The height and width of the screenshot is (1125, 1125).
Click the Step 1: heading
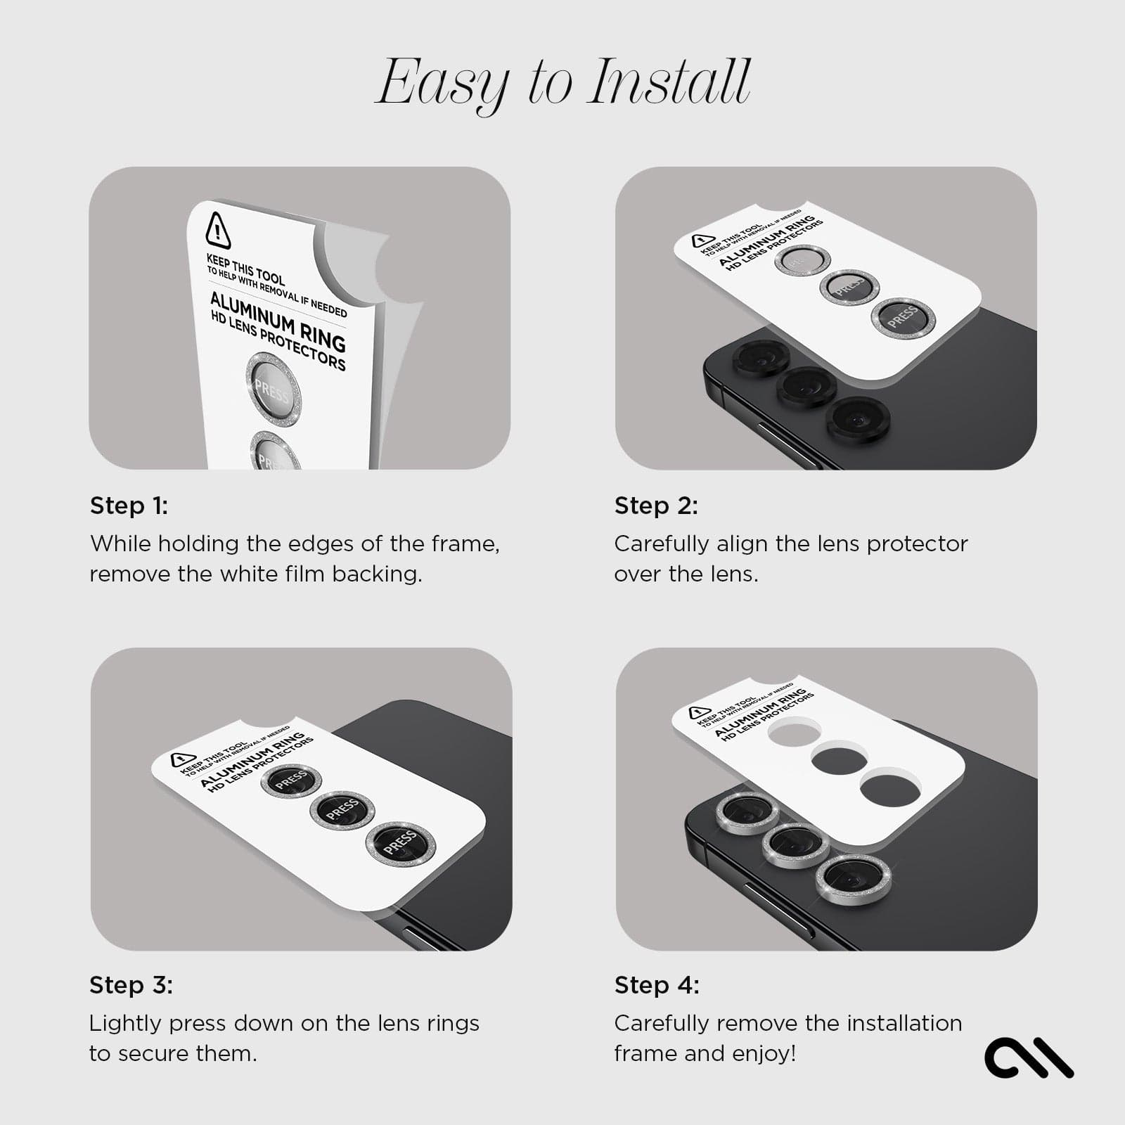pyautogui.click(x=129, y=506)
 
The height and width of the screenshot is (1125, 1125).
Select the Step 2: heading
pyautogui.click(x=656, y=506)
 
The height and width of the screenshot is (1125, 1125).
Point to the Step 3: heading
pyautogui.click(x=131, y=985)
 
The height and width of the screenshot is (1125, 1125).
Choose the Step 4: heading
pyautogui.click(x=657, y=985)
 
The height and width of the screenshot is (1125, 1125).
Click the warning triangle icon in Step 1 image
pyautogui.click(x=218, y=231)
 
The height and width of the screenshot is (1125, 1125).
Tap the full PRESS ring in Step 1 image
pyautogui.click(x=273, y=391)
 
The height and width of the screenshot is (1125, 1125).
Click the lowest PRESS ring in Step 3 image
pyautogui.click(x=400, y=842)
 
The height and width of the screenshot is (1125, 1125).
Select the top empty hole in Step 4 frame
pyautogui.click(x=795, y=733)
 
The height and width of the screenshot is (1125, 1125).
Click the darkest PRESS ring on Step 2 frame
pyautogui.click(x=903, y=317)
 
